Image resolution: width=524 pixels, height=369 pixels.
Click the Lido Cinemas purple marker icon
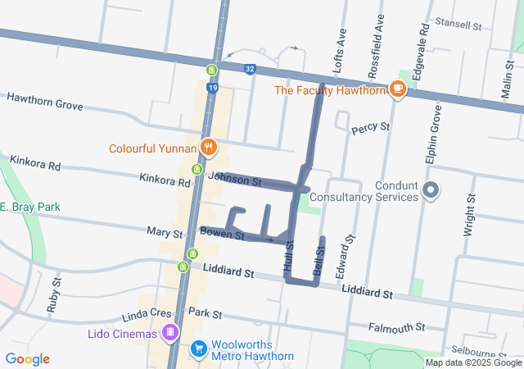point(169,333)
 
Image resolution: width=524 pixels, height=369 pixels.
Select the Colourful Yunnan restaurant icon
point(209,148)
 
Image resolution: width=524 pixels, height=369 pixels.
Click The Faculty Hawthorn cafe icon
point(398,89)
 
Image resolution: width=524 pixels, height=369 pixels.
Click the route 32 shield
point(249,70)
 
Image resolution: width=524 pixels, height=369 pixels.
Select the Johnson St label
point(234,178)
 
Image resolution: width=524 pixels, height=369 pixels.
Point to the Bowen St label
point(223,235)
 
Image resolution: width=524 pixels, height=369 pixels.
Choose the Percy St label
point(370,129)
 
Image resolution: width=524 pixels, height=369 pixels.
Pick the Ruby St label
point(56,291)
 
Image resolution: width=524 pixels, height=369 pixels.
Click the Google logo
point(27,358)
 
